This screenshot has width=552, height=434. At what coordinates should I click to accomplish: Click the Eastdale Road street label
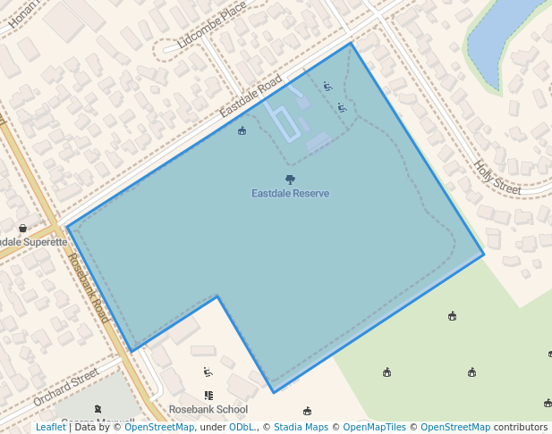[x=251, y=96]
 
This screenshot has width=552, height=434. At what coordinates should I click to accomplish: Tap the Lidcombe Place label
[x=211, y=25]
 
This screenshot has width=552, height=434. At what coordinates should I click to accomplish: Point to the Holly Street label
[x=497, y=177]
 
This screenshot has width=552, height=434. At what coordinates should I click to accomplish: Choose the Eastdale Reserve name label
[x=290, y=194]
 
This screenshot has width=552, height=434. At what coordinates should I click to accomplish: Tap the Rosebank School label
[x=208, y=410]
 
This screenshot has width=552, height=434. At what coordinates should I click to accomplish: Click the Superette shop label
[x=32, y=242]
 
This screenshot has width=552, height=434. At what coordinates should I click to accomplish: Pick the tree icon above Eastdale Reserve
[x=290, y=179]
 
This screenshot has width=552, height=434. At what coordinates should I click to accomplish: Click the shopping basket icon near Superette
[x=22, y=229]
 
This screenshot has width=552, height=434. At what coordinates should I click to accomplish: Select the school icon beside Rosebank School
[x=208, y=396]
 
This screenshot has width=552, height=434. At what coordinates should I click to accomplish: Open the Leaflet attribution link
[x=50, y=428]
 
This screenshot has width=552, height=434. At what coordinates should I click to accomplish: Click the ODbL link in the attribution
[x=242, y=428]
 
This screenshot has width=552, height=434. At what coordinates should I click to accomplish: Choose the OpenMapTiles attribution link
[x=374, y=428]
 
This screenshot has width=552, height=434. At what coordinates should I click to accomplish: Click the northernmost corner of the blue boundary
[x=351, y=43]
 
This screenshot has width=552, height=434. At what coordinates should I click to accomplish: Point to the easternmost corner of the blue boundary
[x=484, y=255]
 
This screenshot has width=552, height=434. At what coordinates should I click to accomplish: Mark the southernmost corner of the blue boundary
[x=274, y=392]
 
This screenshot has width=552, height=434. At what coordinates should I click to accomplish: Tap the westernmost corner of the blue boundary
[x=68, y=227]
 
